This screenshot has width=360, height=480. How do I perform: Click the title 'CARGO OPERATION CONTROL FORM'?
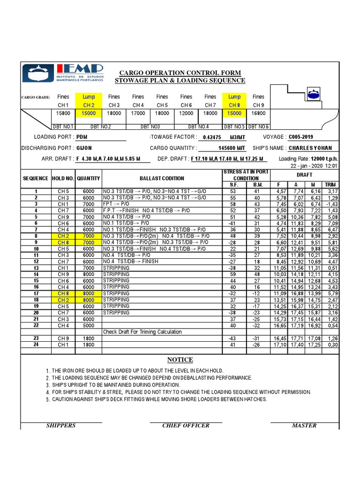(x=180, y=73)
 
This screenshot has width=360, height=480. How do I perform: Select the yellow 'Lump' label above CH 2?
(x=89, y=97)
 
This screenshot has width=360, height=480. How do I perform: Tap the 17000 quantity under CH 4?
(x=137, y=113)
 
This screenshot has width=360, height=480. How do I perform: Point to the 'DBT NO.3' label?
(x=150, y=127)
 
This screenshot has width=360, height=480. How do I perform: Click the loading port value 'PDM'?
(x=82, y=137)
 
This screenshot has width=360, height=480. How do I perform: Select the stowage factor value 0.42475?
(x=210, y=137)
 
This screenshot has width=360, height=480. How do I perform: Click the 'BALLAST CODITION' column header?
(x=162, y=178)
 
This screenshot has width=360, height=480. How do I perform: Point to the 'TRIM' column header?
(x=331, y=185)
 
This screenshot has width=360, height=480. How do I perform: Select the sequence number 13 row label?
(x=36, y=268)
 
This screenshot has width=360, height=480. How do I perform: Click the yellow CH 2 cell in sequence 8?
(x=63, y=236)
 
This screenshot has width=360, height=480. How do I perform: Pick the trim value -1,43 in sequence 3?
(x=330, y=204)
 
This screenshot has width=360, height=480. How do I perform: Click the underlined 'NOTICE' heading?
(x=180, y=360)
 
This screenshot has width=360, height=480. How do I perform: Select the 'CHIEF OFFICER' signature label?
(x=186, y=425)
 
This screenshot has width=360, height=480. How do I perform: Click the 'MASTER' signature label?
(x=304, y=425)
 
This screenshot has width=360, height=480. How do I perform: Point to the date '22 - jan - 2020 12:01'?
(x=314, y=165)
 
